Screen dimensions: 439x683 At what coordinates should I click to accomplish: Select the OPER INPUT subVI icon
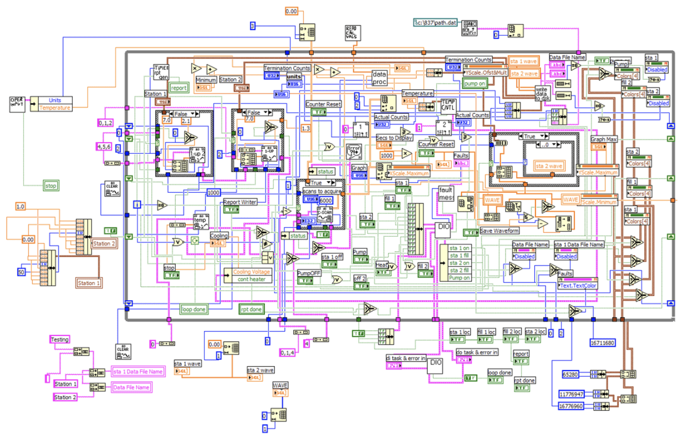pyautogui.click(x=18, y=104)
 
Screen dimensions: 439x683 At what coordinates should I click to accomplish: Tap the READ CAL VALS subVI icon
pyautogui.click(x=352, y=33)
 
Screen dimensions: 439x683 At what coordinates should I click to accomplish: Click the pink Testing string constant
pyautogui.click(x=60, y=340)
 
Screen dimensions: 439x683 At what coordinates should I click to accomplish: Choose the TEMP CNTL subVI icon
pyautogui.click(x=448, y=105)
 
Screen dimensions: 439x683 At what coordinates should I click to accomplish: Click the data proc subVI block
pyautogui.click(x=380, y=78)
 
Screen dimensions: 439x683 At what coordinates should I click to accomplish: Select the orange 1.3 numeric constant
pyautogui.click(x=306, y=128)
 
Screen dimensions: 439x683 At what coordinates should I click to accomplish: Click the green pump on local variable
pyautogui.click(x=475, y=82)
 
